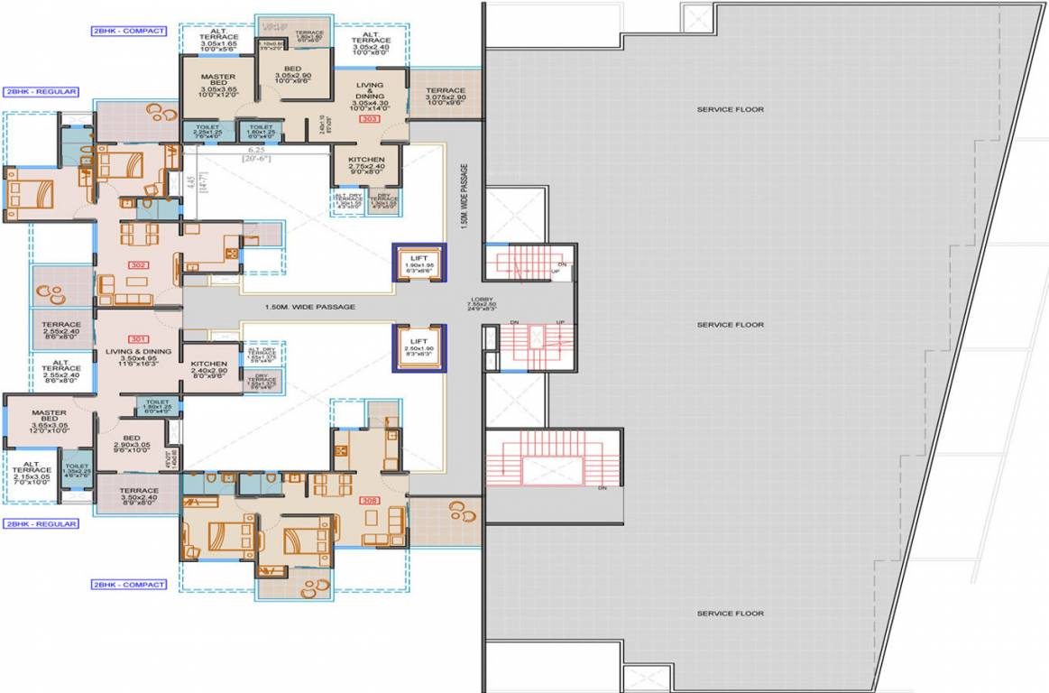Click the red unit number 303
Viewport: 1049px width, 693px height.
[x=369, y=118]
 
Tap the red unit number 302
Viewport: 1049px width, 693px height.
[x=139, y=265]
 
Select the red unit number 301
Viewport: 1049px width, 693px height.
[x=139, y=339]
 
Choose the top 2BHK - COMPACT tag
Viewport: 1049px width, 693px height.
[x=128, y=31]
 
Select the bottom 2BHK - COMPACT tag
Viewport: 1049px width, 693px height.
[x=128, y=585]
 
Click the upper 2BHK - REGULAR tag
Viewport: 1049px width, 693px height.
[x=41, y=91]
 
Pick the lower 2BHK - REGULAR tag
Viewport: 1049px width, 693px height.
[x=41, y=523]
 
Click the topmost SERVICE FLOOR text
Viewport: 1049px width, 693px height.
[x=730, y=109]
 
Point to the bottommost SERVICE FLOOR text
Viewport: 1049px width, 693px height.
[x=730, y=614]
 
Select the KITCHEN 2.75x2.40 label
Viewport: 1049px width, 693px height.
[x=366, y=163]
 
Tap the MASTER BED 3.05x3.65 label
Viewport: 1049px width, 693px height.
[x=218, y=87]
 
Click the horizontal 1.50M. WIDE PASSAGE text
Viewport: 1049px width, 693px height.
[x=309, y=307]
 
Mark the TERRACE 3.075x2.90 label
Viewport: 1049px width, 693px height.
[x=446, y=96]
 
